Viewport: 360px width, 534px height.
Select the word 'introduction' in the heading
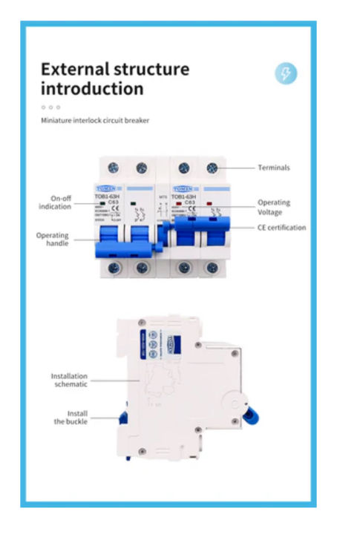(92, 89)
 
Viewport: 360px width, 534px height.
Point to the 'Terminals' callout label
(273, 168)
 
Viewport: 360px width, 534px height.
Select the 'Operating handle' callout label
(52, 239)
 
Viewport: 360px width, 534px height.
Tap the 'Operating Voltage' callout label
(273, 206)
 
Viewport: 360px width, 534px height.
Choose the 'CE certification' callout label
(281, 228)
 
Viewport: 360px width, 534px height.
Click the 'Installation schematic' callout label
(69, 380)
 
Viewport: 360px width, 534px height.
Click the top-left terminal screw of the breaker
(114, 168)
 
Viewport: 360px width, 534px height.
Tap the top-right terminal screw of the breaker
(212, 168)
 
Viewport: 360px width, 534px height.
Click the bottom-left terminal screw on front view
(114, 268)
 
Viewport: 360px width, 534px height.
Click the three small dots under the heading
(50, 107)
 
